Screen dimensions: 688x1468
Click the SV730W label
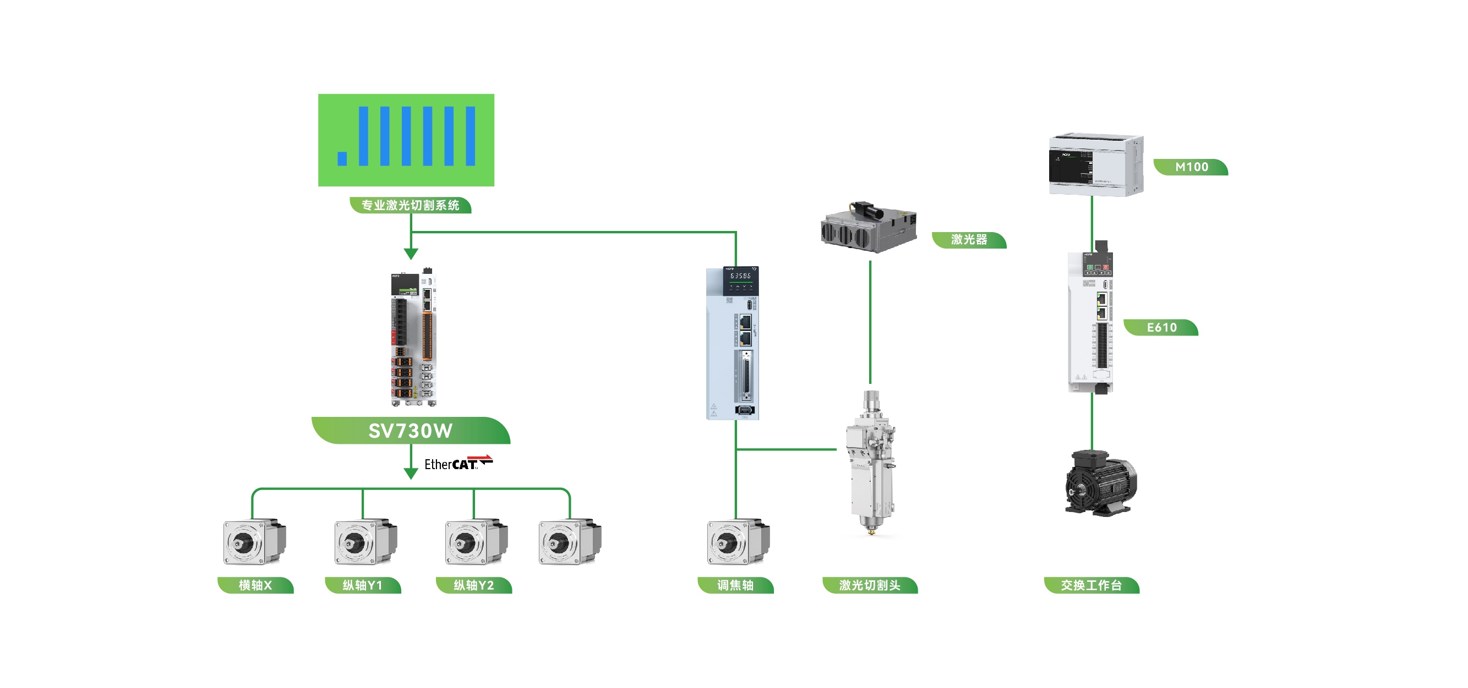[x=410, y=431]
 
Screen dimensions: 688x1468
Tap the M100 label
[x=1191, y=167]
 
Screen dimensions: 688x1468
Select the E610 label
[x=1161, y=327]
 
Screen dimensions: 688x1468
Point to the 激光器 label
[x=969, y=240]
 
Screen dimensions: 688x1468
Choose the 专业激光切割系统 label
[x=410, y=205]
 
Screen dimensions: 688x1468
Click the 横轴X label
[x=255, y=585]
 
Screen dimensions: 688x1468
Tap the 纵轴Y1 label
[x=362, y=585]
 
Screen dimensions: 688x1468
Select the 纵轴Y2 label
[x=473, y=585]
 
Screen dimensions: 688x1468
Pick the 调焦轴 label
[x=735, y=585]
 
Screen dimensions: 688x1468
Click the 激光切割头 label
[x=870, y=585]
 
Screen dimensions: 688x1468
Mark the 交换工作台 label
[x=1092, y=585]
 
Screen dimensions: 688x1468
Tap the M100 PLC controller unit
[x=1095, y=165]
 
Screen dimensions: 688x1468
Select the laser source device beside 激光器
[x=869, y=228]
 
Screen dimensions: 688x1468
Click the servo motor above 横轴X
[x=254, y=541]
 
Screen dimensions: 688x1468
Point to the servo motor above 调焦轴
[x=738, y=541]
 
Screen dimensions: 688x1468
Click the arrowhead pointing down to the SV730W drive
[x=411, y=254]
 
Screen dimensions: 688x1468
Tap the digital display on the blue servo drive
[x=740, y=276]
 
